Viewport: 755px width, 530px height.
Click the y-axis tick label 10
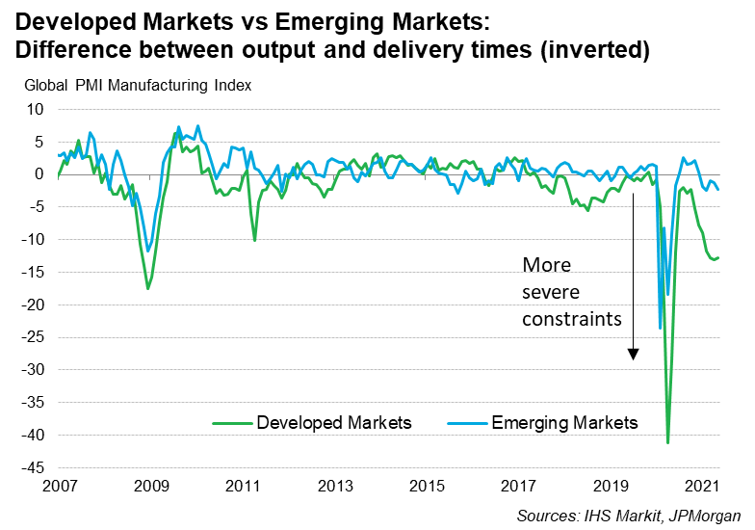click(x=36, y=109)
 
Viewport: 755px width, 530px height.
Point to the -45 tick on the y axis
click(x=33, y=468)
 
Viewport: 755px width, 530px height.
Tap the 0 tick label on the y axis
click(x=39, y=174)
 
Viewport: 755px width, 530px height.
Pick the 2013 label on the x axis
click(x=333, y=485)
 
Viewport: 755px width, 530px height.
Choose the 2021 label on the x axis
click(x=702, y=485)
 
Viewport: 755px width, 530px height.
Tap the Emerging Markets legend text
click(x=564, y=423)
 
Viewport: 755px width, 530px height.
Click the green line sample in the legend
click(x=231, y=423)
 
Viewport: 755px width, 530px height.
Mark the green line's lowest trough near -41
click(x=667, y=442)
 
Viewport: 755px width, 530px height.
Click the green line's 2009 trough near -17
click(x=147, y=288)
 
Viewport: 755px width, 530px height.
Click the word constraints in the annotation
click(x=572, y=318)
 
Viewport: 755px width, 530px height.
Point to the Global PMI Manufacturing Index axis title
click(x=138, y=85)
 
